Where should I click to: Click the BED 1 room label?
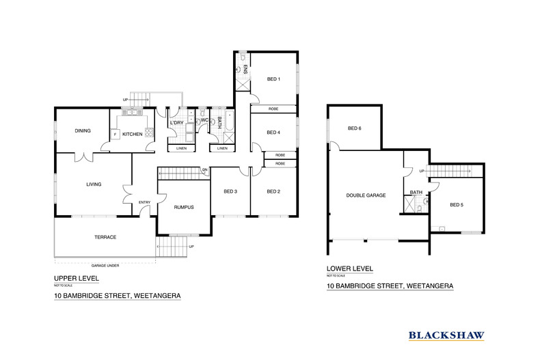click(273, 79)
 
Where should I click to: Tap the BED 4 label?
click(273, 133)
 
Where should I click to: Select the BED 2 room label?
click(273, 191)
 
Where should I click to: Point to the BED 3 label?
click(230, 191)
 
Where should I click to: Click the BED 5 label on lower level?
click(457, 204)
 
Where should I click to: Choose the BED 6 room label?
click(354, 128)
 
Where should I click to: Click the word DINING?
click(83, 130)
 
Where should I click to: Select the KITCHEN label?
click(132, 134)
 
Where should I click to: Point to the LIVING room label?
click(94, 184)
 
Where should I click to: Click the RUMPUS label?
click(183, 207)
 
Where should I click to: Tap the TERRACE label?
click(105, 237)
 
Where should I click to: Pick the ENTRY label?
click(144, 202)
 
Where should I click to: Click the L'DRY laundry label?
click(177, 123)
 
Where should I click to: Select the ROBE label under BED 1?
click(273, 109)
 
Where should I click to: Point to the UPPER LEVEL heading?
click(76, 278)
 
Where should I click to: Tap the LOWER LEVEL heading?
click(349, 268)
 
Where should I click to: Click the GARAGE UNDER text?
click(104, 264)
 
